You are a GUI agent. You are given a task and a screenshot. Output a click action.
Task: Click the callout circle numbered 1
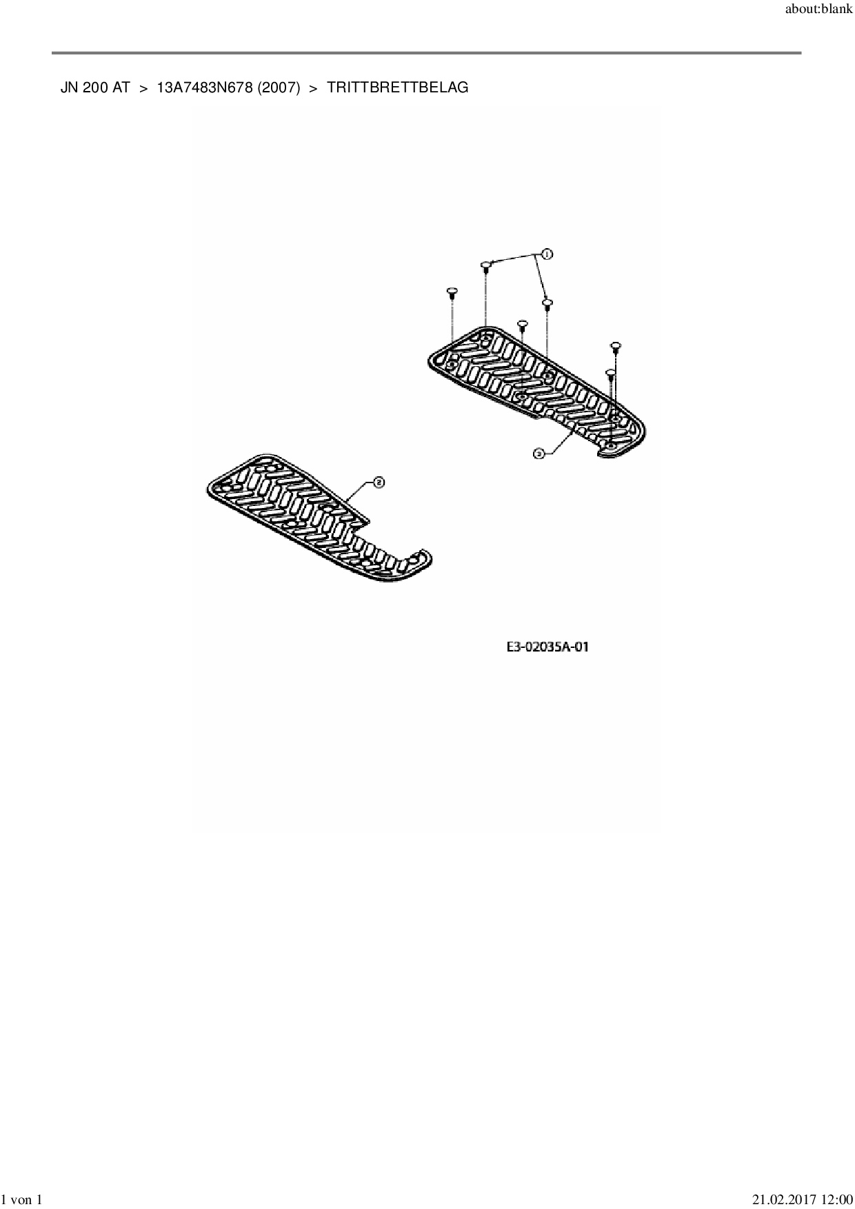coord(547,254)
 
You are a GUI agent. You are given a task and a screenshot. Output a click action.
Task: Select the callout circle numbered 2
coord(378,482)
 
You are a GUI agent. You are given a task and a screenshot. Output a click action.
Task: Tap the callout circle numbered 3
coord(539,454)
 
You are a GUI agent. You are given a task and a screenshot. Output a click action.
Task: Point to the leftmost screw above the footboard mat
coord(452,292)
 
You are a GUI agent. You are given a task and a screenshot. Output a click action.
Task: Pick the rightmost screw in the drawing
coord(616,345)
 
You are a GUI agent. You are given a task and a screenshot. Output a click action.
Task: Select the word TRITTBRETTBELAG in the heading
coord(398,88)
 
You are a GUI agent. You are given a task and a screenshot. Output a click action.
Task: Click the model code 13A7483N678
coord(205,88)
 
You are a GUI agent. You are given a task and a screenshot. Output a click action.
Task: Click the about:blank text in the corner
coord(819,10)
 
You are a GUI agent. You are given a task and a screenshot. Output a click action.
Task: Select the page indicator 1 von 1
coord(22,1200)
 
